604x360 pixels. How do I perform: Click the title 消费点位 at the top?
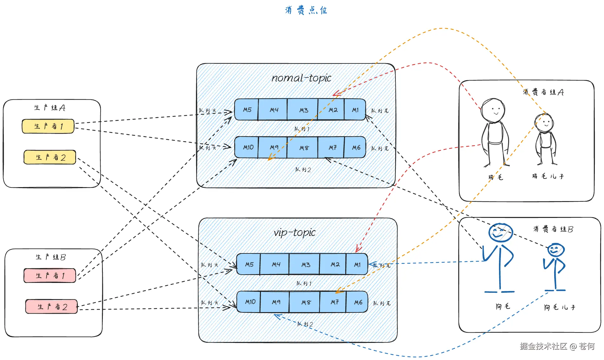tap(306, 10)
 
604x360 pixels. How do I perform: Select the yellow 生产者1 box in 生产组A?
tap(48, 126)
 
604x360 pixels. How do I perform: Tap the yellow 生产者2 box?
tap(50, 157)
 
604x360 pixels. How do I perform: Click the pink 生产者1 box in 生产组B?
tap(50, 275)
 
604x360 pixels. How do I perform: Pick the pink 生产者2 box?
tap(51, 306)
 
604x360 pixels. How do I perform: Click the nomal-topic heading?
tap(301, 78)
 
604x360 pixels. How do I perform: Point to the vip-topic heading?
tap(295, 232)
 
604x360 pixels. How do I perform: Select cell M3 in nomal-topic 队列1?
tap(303, 110)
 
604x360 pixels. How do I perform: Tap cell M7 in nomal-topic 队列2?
tap(332, 147)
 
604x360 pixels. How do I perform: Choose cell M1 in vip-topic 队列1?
tap(357, 265)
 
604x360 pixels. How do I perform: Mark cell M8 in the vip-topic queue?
tap(306, 302)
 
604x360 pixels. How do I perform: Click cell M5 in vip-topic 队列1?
tap(249, 265)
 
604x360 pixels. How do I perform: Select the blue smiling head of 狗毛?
tap(500, 232)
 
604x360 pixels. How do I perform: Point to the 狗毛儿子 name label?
tap(559, 307)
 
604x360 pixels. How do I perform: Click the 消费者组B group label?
tap(553, 229)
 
